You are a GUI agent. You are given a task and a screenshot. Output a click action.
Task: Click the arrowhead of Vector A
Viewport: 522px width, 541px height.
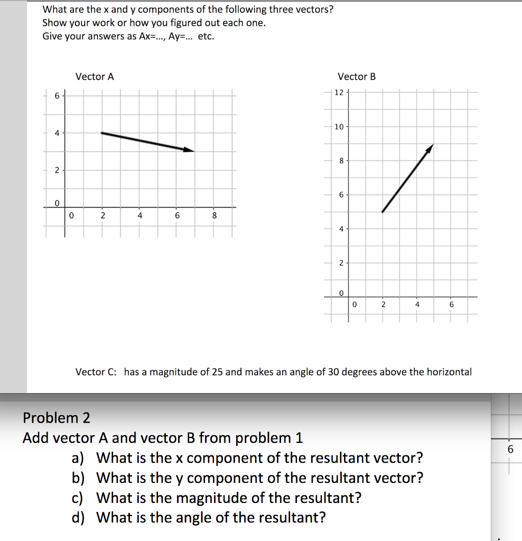pos(191,151)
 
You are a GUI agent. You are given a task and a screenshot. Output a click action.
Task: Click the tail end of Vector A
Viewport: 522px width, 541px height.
pos(101,133)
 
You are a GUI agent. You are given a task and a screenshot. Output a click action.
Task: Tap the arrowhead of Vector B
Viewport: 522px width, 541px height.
pos(432,146)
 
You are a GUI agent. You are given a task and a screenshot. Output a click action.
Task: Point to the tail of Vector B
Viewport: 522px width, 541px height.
pos(383,212)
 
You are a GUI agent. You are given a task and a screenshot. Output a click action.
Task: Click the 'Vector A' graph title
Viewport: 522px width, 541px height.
pos(95,77)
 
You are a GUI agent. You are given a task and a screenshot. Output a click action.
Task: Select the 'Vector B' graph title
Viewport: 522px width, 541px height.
pos(357,77)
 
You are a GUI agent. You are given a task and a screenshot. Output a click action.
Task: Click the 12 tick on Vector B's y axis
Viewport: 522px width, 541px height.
pos(339,92)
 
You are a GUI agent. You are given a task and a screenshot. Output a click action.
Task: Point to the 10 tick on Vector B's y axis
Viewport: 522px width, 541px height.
pos(339,127)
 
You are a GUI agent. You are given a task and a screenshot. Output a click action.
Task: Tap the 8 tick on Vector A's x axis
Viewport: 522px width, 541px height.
pos(214,216)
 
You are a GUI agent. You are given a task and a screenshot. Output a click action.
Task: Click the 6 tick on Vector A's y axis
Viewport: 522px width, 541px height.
pos(57,96)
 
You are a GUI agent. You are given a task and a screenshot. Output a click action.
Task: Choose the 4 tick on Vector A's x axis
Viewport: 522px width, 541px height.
pos(139,216)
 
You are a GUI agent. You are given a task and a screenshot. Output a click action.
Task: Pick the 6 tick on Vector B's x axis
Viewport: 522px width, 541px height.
pos(451,305)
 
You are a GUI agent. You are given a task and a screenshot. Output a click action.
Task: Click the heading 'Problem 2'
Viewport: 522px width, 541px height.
pos(57,418)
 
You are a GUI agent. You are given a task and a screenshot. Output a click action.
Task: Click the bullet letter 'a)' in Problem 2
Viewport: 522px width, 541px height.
pos(78,458)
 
